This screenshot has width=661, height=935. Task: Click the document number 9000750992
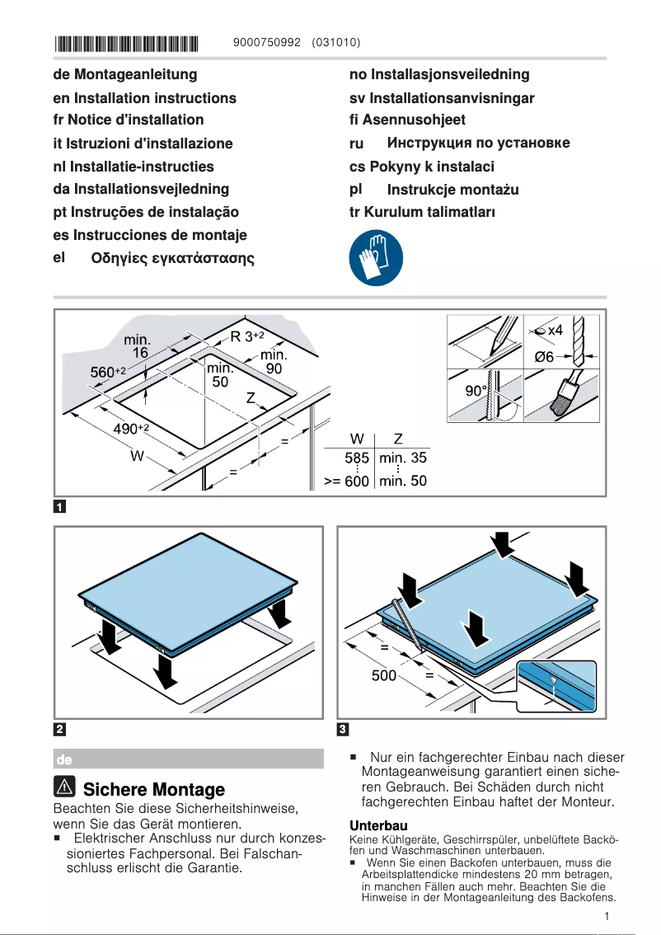pyautogui.click(x=268, y=42)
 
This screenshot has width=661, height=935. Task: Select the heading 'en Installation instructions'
pyautogui.click(x=144, y=98)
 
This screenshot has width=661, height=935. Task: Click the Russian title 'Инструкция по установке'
pyautogui.click(x=478, y=143)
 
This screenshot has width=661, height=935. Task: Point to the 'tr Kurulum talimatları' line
pyautogui.click(x=422, y=211)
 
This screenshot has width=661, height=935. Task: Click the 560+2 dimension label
pyautogui.click(x=107, y=373)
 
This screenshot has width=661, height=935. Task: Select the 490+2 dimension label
pyautogui.click(x=130, y=428)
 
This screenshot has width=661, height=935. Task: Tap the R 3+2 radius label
pyautogui.click(x=246, y=336)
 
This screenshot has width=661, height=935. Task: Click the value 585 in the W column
pyautogui.click(x=356, y=458)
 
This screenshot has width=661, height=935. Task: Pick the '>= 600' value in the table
pyautogui.click(x=346, y=481)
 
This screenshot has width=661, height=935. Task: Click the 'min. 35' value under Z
pyautogui.click(x=403, y=458)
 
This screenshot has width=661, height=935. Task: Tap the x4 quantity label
pyautogui.click(x=554, y=330)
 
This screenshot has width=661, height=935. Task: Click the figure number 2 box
pyautogui.click(x=60, y=729)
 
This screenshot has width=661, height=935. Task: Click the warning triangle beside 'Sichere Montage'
pyautogui.click(x=64, y=787)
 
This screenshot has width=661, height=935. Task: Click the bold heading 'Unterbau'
pyautogui.click(x=378, y=825)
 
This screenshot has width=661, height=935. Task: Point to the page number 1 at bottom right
pyautogui.click(x=606, y=916)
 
